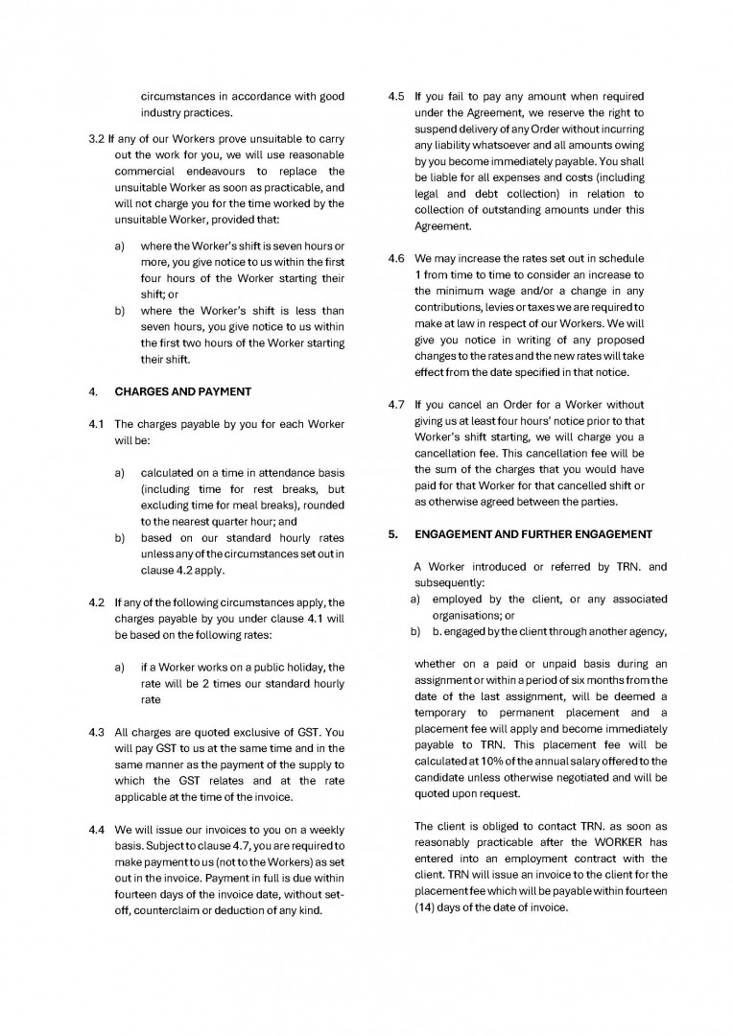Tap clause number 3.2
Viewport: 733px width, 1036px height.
pyautogui.click(x=96, y=138)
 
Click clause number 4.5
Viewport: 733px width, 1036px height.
pyautogui.click(x=396, y=97)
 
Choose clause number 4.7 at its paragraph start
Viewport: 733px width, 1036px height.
pyautogui.click(x=396, y=404)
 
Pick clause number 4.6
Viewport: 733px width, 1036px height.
pyautogui.click(x=396, y=259)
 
